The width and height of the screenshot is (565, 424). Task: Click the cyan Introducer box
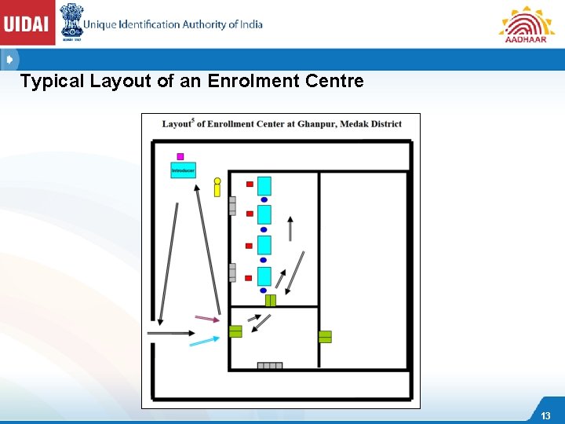[x=183, y=170]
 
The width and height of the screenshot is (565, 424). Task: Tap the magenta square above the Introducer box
[x=180, y=156]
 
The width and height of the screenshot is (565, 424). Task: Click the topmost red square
[x=250, y=184]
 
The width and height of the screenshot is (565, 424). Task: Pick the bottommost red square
[x=249, y=277]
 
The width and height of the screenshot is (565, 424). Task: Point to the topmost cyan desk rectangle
[x=264, y=186]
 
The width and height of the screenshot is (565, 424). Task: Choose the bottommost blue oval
[x=264, y=291]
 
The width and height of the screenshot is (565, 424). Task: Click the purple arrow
[x=207, y=319]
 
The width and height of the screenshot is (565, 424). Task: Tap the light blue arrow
[x=204, y=341]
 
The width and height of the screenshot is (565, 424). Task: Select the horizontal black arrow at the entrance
[x=170, y=333]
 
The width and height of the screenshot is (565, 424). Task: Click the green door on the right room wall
[x=325, y=336]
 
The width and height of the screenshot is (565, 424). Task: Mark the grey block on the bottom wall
[x=270, y=365]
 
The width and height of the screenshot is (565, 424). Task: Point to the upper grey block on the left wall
[x=232, y=206]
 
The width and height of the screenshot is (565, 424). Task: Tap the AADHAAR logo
[x=527, y=24]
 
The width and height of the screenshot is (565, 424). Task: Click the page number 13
[x=545, y=415]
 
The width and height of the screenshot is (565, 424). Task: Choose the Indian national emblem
[x=71, y=22]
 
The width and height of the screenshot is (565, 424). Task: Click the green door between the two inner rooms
[x=271, y=300]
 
